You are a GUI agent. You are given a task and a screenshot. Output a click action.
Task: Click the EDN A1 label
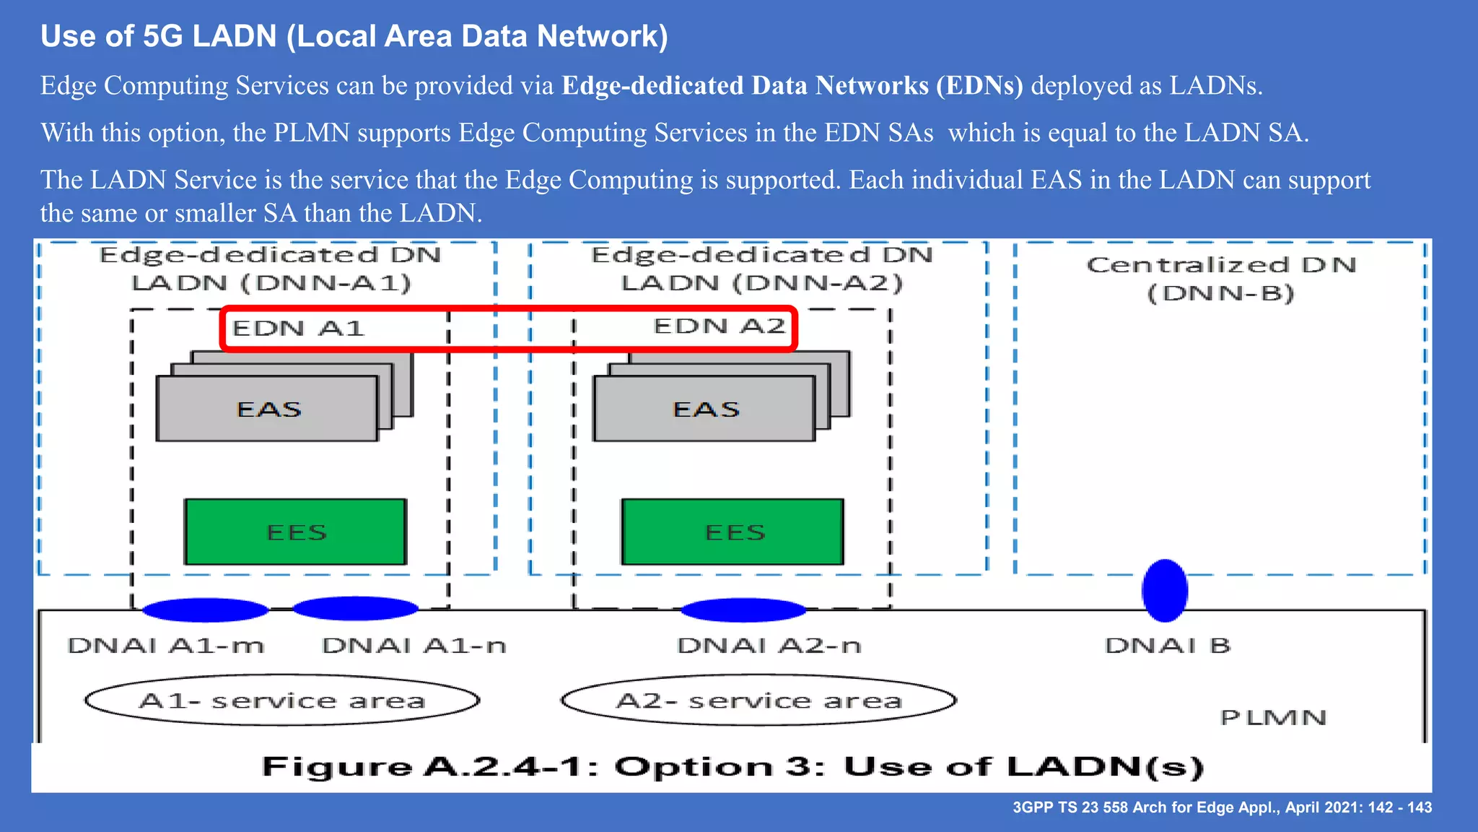click(298, 329)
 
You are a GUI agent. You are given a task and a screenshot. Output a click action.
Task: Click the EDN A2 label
click(719, 326)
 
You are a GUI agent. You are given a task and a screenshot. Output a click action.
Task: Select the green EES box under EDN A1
click(296, 532)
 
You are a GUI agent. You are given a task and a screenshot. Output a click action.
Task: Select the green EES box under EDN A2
click(733, 532)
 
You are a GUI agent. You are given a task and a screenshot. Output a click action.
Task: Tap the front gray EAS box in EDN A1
click(268, 409)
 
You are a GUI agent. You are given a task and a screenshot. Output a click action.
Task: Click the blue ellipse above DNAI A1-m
click(206, 610)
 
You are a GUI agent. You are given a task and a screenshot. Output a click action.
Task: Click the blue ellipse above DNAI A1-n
click(355, 609)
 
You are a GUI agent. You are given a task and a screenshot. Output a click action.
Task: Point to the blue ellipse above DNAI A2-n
click(743, 610)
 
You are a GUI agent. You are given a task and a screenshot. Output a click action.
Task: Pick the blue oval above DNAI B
click(1165, 590)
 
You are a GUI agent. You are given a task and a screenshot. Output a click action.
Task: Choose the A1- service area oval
click(282, 701)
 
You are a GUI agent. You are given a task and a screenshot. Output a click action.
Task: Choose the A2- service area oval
click(758, 701)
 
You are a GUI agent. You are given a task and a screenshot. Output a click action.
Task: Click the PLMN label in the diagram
click(1273, 718)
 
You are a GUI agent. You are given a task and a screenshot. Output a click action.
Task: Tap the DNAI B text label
click(1168, 645)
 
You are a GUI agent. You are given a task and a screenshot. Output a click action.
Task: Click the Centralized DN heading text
click(1221, 265)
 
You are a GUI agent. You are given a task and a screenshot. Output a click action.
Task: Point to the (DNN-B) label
click(1221, 293)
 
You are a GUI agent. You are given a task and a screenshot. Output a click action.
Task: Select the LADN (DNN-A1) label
click(271, 283)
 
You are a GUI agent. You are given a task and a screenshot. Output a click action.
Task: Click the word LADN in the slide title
click(235, 36)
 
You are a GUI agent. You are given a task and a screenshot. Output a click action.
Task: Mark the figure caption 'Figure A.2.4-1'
click(733, 767)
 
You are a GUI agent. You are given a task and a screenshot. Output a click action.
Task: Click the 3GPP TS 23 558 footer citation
click(1222, 807)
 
